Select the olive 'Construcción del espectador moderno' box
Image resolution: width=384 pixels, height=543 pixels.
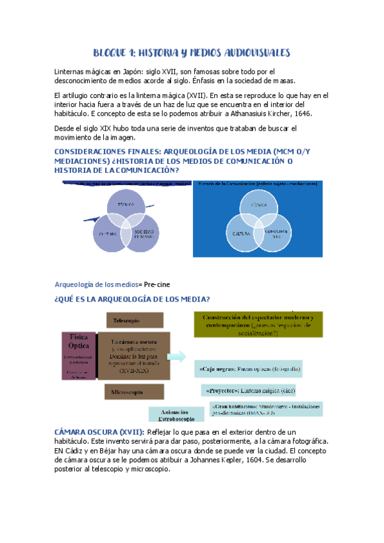258,325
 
